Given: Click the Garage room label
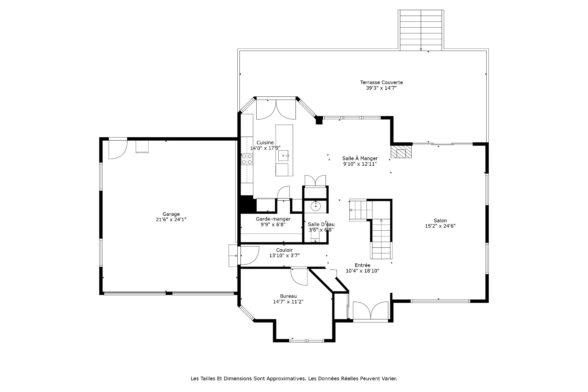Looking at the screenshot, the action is point(171,214).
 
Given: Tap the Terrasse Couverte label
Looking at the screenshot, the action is point(381,82).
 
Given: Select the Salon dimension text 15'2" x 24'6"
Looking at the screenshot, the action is point(440,226).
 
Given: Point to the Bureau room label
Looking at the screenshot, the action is point(288,296).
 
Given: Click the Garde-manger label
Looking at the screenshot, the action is point(273,219).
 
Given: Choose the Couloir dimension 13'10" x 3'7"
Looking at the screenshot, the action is point(284,255).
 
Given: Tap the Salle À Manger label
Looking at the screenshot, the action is point(360,158).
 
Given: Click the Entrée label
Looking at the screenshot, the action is point(362,265).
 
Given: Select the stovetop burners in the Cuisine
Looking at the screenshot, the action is point(247,159).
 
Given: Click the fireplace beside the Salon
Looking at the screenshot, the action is point(401,152).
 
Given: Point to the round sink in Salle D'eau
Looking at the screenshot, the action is point(315,206).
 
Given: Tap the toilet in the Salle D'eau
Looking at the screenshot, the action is point(315,236).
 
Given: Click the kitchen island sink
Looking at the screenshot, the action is point(284,156).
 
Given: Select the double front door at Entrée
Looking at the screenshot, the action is point(371,311).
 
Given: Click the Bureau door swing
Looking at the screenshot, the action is point(299,277).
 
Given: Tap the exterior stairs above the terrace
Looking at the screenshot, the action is point(421,30).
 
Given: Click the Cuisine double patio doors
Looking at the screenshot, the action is point(276,109).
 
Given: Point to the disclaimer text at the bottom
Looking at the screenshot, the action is point(294,379).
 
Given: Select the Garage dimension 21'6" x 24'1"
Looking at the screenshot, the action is point(171,220).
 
